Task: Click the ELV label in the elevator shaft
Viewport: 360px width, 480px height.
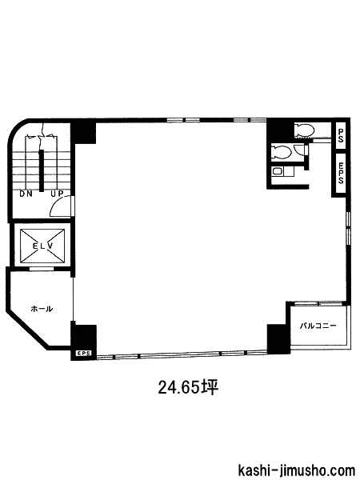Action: pos(43,246)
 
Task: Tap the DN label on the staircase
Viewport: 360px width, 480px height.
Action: pos(26,194)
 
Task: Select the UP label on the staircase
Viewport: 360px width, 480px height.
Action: pos(57,194)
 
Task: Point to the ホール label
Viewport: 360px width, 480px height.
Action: pos(42,309)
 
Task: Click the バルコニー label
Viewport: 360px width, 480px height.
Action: pos(318,325)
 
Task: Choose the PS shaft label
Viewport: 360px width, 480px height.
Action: pos(341,135)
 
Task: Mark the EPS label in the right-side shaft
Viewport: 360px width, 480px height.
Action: pos(341,173)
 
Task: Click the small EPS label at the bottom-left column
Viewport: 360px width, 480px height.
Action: pos(83,353)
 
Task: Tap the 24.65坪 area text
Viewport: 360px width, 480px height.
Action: pos(188,387)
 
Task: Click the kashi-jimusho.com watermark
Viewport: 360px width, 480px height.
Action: pos(296,470)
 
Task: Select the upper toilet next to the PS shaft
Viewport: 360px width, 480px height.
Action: pos(305,130)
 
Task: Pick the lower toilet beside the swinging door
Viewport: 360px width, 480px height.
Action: pos(281,152)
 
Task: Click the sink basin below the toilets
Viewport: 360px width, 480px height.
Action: pos(278,171)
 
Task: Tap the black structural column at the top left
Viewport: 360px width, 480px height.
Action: pos(83,133)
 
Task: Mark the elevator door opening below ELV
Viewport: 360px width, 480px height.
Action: pos(42,269)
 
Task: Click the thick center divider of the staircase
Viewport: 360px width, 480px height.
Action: pos(41,171)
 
